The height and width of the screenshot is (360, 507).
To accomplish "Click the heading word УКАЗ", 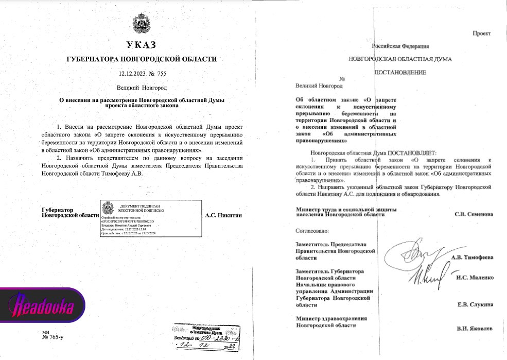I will click(x=141, y=45).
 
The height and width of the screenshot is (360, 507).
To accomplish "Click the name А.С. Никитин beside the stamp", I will click(x=223, y=215).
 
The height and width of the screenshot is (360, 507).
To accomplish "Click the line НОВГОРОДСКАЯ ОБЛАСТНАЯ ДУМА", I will click(x=399, y=59).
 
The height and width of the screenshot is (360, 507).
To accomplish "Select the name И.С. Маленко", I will click(x=475, y=278).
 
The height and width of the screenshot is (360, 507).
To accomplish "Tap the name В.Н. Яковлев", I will click(x=475, y=328).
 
